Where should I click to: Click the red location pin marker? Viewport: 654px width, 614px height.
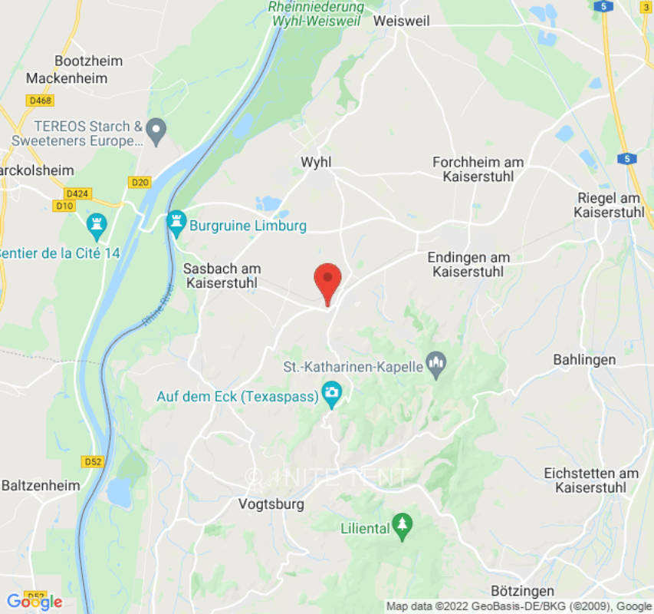tap(328, 280)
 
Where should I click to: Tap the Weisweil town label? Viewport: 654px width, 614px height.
tap(401, 21)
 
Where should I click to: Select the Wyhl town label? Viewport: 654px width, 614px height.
tap(316, 162)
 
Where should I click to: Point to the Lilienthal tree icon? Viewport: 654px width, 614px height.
tap(402, 526)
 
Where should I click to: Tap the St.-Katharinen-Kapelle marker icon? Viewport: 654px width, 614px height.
tap(436, 365)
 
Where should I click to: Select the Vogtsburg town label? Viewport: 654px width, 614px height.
tap(271, 504)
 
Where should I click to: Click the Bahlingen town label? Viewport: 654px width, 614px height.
tap(584, 360)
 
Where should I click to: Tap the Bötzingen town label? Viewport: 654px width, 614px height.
tap(522, 590)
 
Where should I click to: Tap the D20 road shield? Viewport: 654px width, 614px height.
tap(139, 182)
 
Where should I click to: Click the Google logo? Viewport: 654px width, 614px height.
tap(35, 602)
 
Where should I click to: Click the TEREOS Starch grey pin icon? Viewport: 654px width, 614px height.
tap(156, 130)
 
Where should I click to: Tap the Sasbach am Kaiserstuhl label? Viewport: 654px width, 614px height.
tap(222, 276)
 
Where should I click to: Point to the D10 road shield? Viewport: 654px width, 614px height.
tap(64, 206)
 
